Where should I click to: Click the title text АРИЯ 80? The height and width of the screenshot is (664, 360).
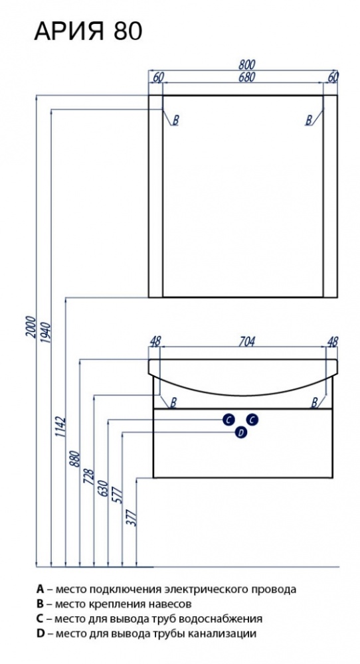88,31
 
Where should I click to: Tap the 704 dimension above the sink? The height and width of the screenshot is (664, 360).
246,341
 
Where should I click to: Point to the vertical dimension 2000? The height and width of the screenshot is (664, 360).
31,327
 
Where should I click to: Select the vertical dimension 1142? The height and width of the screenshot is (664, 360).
60,427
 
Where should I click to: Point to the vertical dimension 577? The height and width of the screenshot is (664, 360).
118,495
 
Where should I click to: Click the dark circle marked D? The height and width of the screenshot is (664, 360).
240,432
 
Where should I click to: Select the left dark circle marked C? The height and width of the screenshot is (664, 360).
228,420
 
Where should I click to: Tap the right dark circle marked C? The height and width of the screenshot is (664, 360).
252,420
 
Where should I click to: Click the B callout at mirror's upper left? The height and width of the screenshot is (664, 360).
176,120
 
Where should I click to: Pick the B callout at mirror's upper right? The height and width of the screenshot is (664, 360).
309,120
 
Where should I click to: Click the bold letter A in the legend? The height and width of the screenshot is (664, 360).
41,588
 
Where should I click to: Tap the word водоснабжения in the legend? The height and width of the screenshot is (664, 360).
221,619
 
